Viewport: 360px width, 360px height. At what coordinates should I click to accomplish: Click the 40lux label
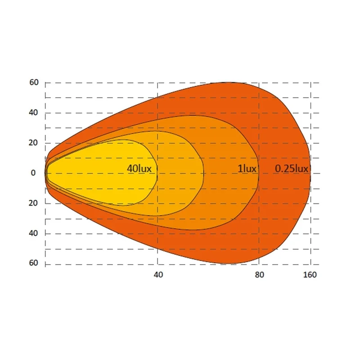coord(139,169)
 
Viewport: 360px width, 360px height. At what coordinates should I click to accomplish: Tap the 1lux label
coord(247,169)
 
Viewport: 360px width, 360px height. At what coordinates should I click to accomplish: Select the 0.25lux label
coord(292,169)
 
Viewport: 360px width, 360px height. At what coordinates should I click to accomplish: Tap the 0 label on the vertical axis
coord(33,173)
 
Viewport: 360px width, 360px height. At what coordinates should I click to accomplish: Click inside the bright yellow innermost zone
coord(99,173)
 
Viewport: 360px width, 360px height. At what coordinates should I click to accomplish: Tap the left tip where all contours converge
coord(45,173)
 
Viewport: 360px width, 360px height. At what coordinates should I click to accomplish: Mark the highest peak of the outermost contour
coord(229,82)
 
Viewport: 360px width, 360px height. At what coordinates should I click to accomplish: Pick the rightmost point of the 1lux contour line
coord(258,173)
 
